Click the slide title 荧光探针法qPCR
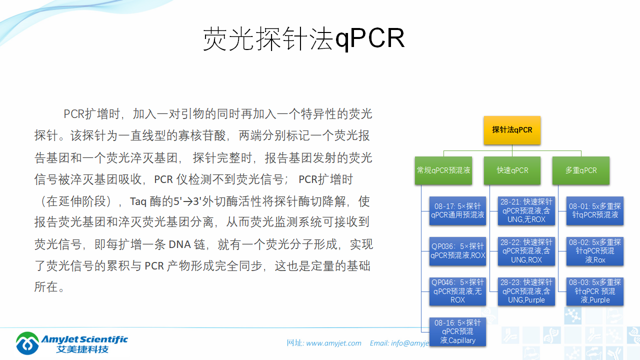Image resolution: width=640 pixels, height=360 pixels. [303, 38]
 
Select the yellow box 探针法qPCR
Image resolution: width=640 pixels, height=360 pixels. [512, 130]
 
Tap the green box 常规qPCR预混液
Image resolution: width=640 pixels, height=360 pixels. [443, 170]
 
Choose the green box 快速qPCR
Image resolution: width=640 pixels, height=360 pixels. [512, 170]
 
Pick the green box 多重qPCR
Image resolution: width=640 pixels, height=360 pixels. [580, 170]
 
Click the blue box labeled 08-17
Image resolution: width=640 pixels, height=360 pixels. [457, 210]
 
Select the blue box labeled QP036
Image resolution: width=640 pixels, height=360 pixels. [457, 251]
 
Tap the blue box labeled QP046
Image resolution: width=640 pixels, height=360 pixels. [457, 291]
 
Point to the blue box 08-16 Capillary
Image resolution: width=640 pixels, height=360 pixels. [457, 331]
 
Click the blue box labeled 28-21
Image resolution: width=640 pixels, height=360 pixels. [526, 210]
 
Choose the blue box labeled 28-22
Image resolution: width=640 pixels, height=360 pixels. [526, 251]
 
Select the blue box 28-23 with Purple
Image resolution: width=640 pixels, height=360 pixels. [526, 291]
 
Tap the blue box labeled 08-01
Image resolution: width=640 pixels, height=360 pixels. [594, 210]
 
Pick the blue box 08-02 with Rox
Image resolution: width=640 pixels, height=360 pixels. [594, 251]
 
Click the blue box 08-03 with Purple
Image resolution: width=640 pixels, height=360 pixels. [594, 291]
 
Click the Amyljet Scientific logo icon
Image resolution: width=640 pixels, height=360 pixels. [27, 343]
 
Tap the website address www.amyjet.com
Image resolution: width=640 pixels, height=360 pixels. [333, 343]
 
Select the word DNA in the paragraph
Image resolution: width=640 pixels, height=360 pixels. [179, 244]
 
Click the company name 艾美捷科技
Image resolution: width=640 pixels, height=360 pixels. [82, 349]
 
